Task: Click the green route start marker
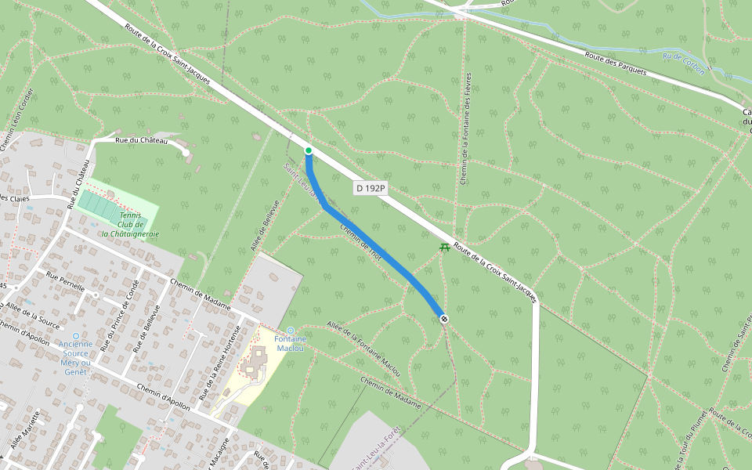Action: pos(309,150)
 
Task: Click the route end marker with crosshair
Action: pos(444,319)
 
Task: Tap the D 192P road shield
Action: pos(371,188)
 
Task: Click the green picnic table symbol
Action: pos(444,248)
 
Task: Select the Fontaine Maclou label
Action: pos(290,343)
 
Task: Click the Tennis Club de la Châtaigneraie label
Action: pos(130,224)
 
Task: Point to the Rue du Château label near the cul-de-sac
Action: pos(141,140)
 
